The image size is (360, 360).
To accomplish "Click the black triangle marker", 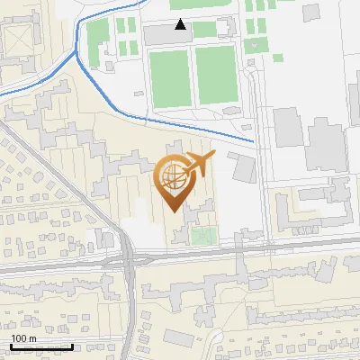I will pyautogui.click(x=181, y=24).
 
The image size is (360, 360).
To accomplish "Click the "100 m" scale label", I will pyautogui.click(x=23, y=338).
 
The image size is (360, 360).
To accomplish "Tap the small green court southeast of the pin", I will pyautogui.click(x=203, y=236).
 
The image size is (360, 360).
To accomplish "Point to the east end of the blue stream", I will pyautogui.click(x=254, y=142).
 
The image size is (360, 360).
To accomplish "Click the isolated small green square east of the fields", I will pyautogui.click(x=278, y=58).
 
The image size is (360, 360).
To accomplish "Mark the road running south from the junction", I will pyautogui.click(x=131, y=315).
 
